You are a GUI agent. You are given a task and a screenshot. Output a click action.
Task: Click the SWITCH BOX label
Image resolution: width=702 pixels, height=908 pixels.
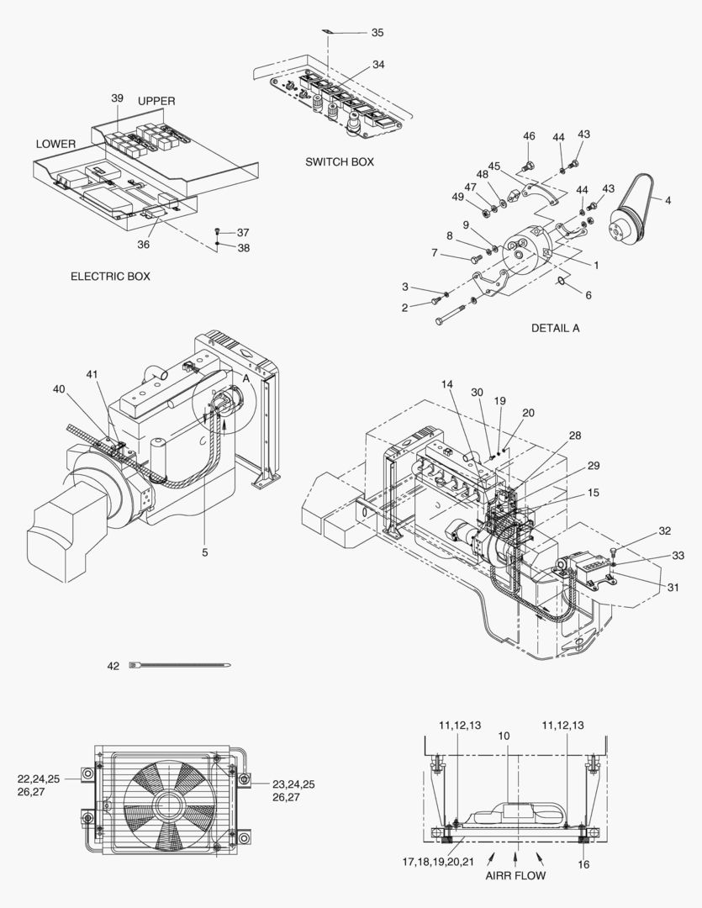tap(340, 161)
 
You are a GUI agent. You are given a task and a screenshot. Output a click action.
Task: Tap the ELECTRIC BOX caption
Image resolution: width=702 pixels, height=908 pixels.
tap(110, 276)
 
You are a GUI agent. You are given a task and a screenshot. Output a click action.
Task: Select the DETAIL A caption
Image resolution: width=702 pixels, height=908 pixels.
tap(555, 328)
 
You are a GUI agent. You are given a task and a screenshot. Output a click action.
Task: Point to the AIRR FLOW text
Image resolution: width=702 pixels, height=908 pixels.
tap(515, 875)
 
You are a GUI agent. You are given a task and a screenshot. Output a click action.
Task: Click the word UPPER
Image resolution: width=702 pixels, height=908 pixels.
tap(156, 101)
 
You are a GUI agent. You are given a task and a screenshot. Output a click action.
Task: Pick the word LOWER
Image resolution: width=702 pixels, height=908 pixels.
tap(55, 144)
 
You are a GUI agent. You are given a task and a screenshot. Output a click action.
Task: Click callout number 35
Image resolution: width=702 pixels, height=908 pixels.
tap(377, 32)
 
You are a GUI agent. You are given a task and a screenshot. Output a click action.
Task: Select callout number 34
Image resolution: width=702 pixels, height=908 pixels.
tap(378, 65)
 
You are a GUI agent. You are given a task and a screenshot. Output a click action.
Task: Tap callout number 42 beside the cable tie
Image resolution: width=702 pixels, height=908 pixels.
tap(113, 666)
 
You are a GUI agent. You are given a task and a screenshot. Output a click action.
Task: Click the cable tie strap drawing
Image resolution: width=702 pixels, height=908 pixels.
tap(181, 666)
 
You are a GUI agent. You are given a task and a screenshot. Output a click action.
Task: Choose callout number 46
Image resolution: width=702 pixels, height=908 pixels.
tap(529, 136)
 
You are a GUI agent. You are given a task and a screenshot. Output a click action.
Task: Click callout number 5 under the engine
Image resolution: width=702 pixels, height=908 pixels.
tap(204, 552)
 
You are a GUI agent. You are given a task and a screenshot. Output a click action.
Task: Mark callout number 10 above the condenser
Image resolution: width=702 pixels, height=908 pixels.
tap(504, 736)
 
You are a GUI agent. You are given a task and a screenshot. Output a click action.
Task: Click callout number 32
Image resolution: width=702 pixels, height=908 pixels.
tap(665, 531)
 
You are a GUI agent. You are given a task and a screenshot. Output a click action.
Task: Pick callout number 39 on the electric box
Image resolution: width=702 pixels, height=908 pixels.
tap(117, 98)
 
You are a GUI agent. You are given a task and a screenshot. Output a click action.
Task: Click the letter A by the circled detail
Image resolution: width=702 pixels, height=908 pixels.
tap(246, 378)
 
